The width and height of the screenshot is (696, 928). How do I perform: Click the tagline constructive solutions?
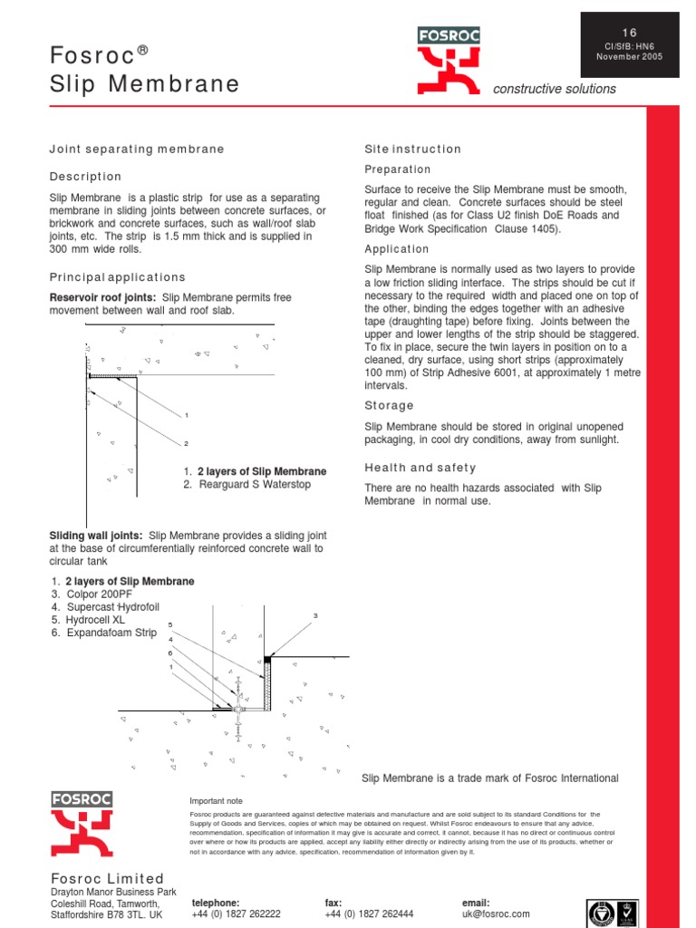554,89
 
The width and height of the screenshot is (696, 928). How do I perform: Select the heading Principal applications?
117,277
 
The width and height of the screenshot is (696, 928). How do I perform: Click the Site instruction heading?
412,149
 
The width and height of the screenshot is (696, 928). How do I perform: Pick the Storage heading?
389,405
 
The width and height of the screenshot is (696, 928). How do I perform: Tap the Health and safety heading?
420,468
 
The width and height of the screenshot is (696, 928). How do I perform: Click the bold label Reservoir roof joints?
102,298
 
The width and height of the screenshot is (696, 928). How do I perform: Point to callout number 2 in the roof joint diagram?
186,444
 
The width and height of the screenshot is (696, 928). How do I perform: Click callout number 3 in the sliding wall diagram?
315,616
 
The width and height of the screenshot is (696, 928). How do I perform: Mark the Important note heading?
216,801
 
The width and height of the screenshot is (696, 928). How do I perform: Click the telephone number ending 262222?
236,914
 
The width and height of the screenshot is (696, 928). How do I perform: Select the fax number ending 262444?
369,914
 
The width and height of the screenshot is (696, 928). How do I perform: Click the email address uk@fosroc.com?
496,914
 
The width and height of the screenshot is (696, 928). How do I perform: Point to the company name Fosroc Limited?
107,878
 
